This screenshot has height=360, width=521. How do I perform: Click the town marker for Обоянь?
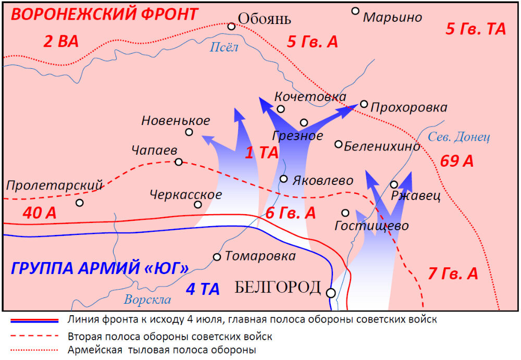coord(232,26)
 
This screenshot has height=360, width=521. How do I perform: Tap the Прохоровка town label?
coord(408,107)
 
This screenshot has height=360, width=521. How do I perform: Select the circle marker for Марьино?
coord(355,10)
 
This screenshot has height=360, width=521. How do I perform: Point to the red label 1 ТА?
coord(262,153)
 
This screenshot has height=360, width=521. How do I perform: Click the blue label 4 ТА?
coord(203,289)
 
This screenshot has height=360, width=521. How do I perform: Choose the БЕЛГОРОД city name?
coord(278,288)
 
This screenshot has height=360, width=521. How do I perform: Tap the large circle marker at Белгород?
coord(331,293)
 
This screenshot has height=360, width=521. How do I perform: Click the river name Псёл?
coord(224,47)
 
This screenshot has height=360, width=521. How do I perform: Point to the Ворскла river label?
coord(147,300)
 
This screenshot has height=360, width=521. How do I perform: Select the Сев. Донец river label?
coord(458,137)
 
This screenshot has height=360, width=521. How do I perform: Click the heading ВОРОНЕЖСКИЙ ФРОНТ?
coord(104,14)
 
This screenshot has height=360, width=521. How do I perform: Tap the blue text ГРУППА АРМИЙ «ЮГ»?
coord(100,269)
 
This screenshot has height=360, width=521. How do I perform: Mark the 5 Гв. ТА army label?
coord(476,29)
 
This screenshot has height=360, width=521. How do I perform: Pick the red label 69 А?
coord(456,161)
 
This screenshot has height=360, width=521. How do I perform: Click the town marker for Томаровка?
coord(217,257)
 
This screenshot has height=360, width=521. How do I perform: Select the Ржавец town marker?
coord(394,184)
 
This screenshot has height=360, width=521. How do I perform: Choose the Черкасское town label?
coord(185,195)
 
